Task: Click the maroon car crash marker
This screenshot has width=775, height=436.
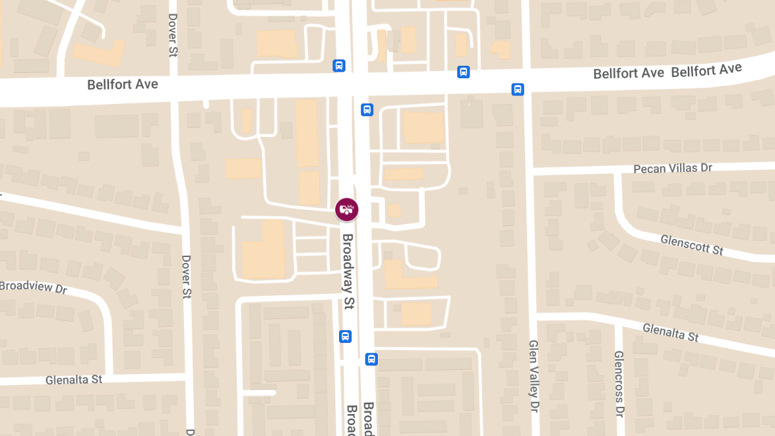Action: click(x=347, y=209)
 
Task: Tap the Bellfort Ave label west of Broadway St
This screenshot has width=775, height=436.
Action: click(x=123, y=85)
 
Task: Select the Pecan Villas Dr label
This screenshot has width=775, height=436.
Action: click(x=672, y=168)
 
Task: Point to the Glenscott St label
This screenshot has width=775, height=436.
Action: click(x=692, y=245)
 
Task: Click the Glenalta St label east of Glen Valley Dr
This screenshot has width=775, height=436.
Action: click(x=670, y=333)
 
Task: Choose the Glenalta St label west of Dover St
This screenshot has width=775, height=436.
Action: click(x=74, y=379)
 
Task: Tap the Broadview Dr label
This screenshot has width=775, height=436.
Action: click(x=34, y=287)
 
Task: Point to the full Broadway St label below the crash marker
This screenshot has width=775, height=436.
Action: click(x=349, y=272)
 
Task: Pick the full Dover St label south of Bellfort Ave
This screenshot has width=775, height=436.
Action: click(x=187, y=276)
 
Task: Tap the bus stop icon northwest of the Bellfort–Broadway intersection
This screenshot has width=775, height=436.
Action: click(x=339, y=65)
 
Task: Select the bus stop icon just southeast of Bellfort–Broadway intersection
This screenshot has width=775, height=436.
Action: click(x=367, y=109)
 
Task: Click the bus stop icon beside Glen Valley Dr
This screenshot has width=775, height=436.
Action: click(x=517, y=89)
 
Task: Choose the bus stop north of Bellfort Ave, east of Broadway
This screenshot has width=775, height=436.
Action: click(x=463, y=72)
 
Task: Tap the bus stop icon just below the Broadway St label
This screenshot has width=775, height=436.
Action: click(x=346, y=336)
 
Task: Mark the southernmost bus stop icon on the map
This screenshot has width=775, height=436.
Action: click(x=371, y=358)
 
